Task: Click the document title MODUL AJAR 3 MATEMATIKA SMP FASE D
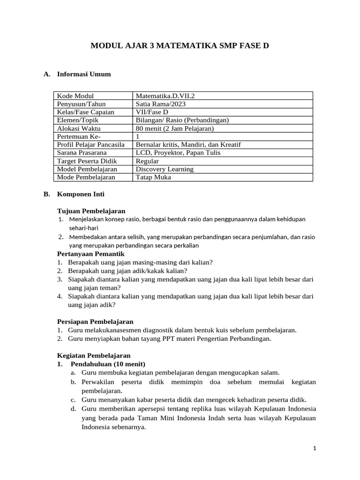coord(180,46)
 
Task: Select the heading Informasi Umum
coord(83,74)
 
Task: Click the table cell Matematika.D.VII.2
coord(165,96)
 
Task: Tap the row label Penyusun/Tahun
coord(81,104)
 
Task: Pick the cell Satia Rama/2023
coord(159,104)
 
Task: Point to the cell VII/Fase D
coord(151,112)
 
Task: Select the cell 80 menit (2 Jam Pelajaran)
coord(174,128)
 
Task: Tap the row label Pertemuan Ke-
coord(78,136)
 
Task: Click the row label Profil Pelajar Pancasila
coord(90,144)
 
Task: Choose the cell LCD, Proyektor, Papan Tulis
coord(178,152)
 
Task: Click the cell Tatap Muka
coord(153,177)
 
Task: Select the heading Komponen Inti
coord(81,194)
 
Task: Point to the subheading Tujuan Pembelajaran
coord(91,211)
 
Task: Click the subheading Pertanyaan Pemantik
coord(90,254)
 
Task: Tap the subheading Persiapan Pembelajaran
coord(95,322)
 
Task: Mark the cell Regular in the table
coord(147,161)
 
